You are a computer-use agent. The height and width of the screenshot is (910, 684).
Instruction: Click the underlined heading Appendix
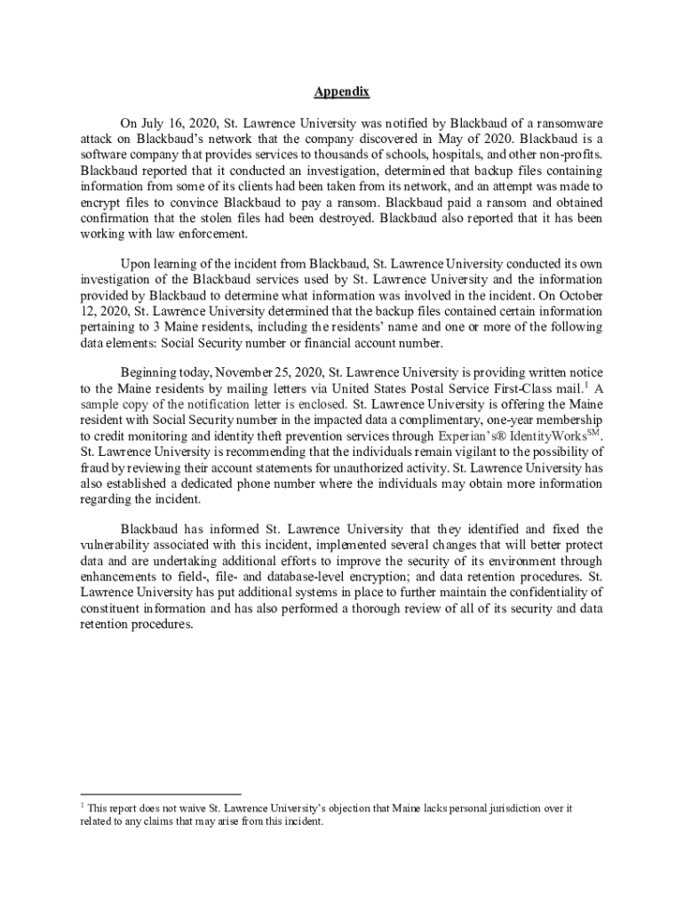[342, 92]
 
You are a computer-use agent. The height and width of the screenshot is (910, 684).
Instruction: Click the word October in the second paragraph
[578, 296]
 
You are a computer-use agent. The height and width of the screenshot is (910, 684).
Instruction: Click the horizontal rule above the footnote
[161, 794]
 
